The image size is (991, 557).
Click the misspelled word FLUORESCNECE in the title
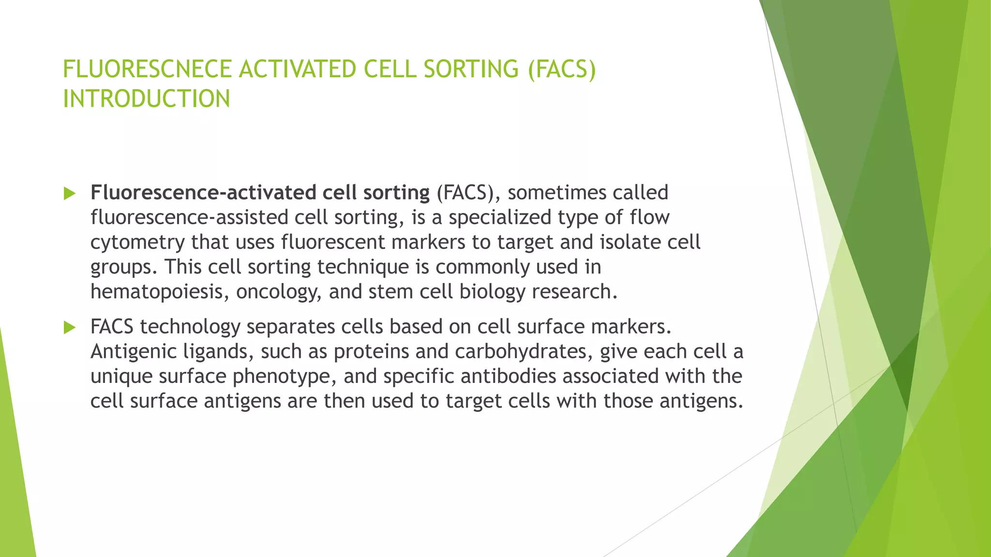[x=148, y=69]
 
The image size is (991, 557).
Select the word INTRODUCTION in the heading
[x=147, y=99]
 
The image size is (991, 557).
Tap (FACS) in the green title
[x=562, y=69]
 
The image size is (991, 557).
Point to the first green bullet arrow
[x=70, y=194]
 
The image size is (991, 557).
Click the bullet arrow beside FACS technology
[x=70, y=328]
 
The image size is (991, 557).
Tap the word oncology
[x=278, y=292]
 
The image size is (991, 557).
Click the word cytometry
[x=137, y=242]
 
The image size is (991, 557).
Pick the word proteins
[x=371, y=352]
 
